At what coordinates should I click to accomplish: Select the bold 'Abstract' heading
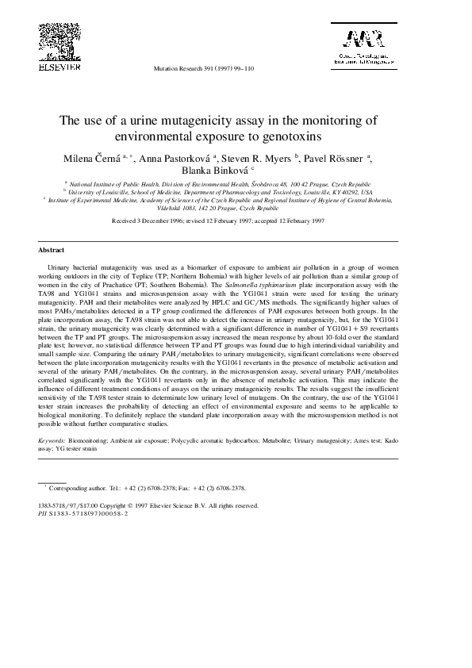point(52,249)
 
